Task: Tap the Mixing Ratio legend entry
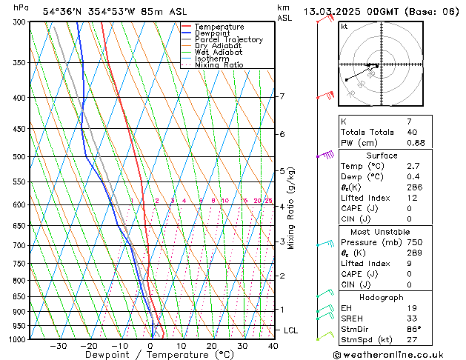pyautogui.click(x=219, y=65)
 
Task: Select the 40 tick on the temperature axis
pyautogui.click(x=273, y=346)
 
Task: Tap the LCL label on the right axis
pyautogui.click(x=291, y=330)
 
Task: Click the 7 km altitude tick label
pyautogui.click(x=282, y=96)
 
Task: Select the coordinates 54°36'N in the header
pyautogui.click(x=66, y=11)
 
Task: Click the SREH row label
pyautogui.click(x=353, y=319)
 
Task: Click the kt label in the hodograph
pyautogui.click(x=344, y=26)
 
